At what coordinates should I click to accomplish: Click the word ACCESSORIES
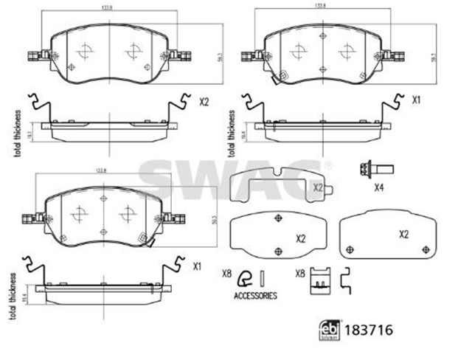pos(254,296)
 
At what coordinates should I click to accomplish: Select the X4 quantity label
pos(379,187)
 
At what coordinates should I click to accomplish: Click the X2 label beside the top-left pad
pos(204,103)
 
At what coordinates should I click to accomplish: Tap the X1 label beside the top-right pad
pos(417,99)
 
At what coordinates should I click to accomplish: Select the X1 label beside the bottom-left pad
pos(198,266)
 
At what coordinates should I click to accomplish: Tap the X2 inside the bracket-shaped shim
pos(318,188)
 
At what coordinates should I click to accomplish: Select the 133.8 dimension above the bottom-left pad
pos(100,171)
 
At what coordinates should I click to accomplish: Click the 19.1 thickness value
pos(29,134)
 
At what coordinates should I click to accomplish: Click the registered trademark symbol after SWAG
pos(328,164)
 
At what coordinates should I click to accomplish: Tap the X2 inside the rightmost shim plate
pos(403,235)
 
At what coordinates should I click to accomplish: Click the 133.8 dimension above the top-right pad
pos(320,6)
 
